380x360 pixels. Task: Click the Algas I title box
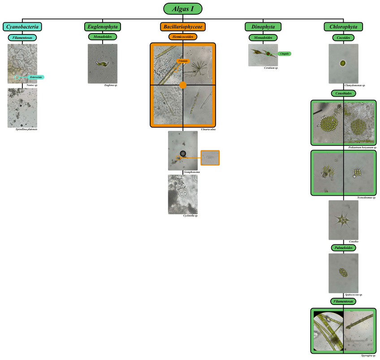tap(182, 9)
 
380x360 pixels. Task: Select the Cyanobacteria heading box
tap(22, 27)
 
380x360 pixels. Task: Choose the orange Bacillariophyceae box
tap(182, 27)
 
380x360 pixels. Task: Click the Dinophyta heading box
tap(263, 27)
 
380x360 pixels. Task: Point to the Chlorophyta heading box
tap(343, 27)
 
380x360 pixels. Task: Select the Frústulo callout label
tap(183, 60)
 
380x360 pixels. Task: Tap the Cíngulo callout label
tap(284, 54)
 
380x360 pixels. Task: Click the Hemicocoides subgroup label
tap(182, 37)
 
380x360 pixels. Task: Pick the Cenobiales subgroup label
tap(343, 93)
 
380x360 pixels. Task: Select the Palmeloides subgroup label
tap(343, 248)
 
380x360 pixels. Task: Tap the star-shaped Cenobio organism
tap(343, 220)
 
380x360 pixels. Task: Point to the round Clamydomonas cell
tap(343, 63)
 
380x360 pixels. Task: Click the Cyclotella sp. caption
tap(190, 216)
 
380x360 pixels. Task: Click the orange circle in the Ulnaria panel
tap(182, 85)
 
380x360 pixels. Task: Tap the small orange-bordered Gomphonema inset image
tap(210, 158)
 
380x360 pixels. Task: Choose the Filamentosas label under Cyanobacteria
tap(22, 38)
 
